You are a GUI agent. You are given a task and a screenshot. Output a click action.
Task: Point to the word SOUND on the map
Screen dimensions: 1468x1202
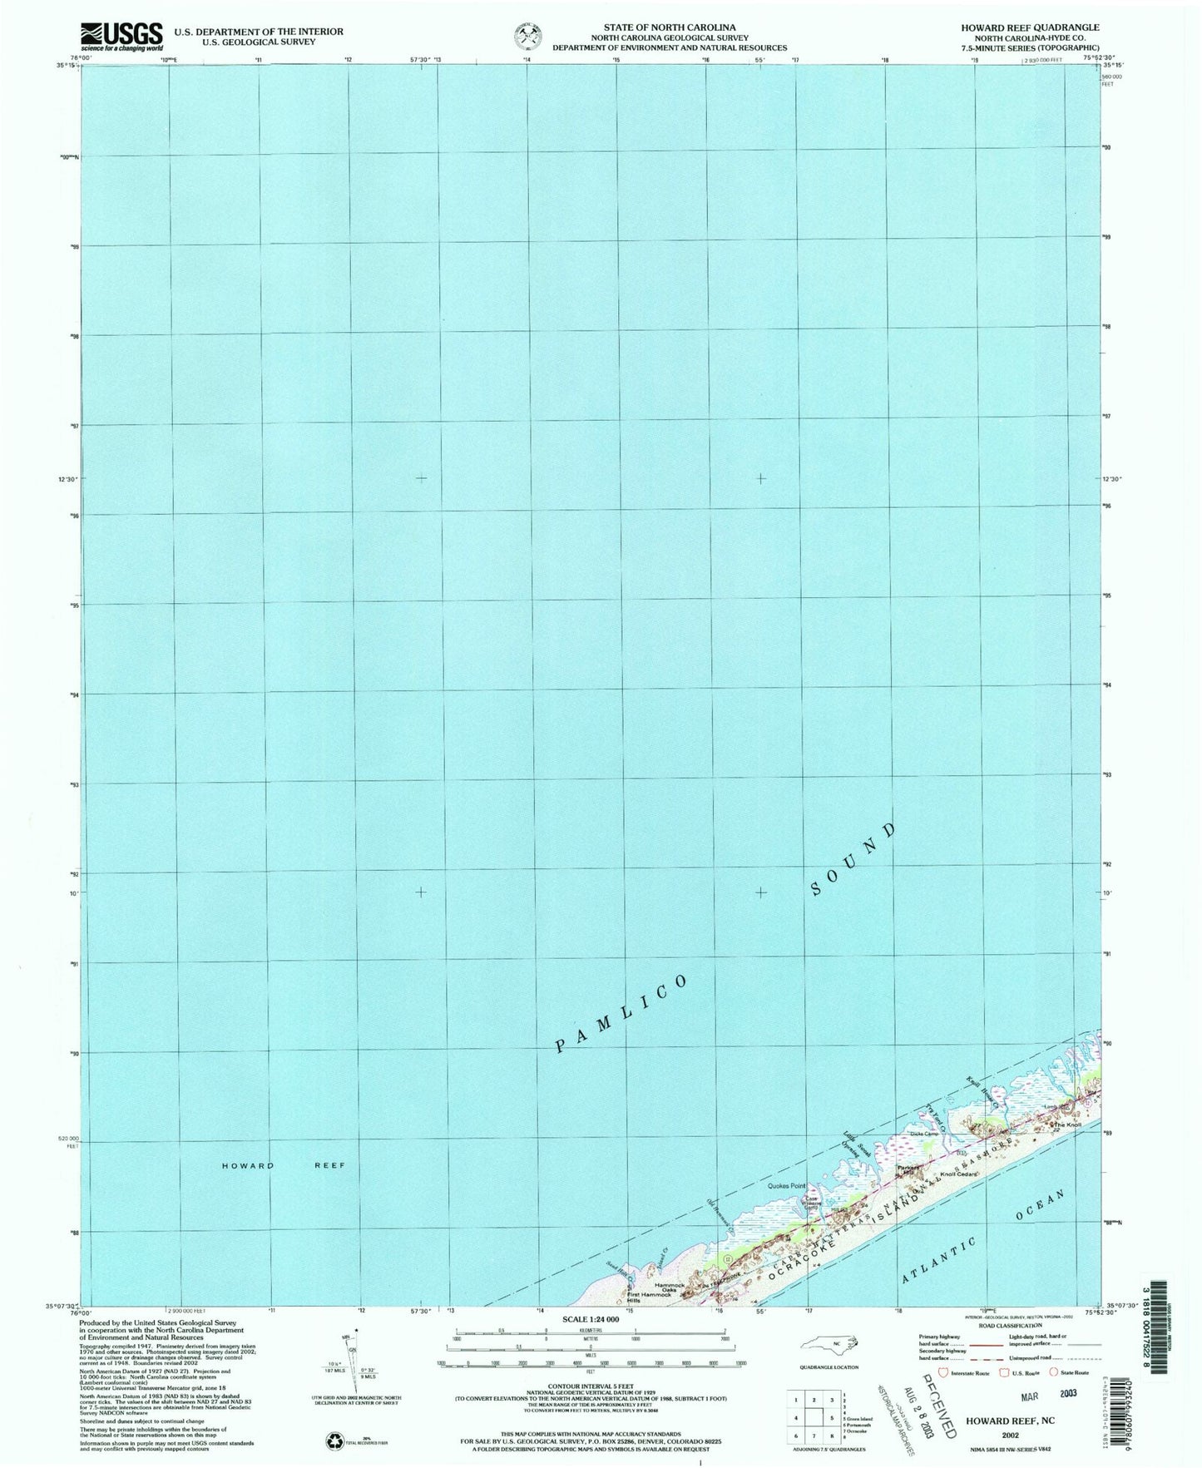[853, 861]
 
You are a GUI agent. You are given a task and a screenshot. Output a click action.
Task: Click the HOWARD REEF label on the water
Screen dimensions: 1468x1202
[284, 1165]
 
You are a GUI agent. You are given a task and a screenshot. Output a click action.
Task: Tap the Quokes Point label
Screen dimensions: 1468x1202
[787, 1186]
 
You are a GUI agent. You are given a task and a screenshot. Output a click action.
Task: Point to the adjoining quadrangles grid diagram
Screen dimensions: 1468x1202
[814, 1419]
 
